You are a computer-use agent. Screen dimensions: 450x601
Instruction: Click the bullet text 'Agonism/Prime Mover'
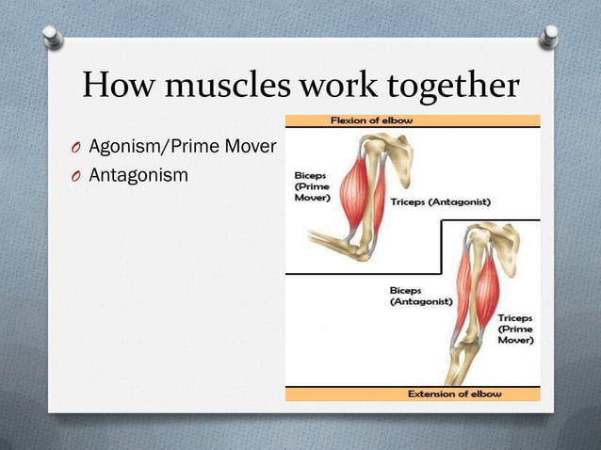[x=181, y=147]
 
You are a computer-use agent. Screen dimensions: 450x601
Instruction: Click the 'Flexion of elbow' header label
[x=413, y=121]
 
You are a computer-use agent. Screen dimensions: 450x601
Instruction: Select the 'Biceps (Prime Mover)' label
[x=312, y=186]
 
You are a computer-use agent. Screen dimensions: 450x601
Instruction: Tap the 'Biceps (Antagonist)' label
[x=420, y=296]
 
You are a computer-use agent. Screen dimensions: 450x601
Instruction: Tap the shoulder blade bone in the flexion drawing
[x=397, y=151]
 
